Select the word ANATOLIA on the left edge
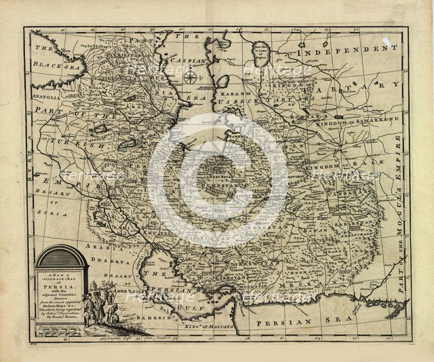point(43,96)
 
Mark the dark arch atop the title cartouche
point(62,255)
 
